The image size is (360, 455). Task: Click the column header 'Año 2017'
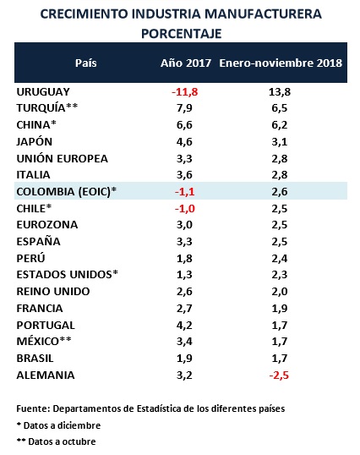(186, 63)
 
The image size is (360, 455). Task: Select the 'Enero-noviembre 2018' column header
(281, 63)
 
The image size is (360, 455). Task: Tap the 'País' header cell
(86, 63)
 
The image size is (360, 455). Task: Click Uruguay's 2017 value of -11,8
(184, 92)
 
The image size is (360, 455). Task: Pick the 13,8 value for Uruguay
(280, 92)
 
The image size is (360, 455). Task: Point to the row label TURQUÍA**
(47, 107)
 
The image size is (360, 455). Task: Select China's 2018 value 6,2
(280, 125)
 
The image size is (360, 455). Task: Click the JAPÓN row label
(34, 141)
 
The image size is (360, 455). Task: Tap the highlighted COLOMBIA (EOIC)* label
(67, 191)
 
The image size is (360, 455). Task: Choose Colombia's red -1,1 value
(184, 192)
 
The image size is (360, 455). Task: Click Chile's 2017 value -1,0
(184, 209)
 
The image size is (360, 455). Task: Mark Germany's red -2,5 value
(279, 376)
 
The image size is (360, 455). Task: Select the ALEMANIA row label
(46, 376)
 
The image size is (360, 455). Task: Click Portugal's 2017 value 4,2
(184, 326)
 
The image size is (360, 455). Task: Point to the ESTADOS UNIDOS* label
(68, 275)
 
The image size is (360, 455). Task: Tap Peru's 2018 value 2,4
(280, 259)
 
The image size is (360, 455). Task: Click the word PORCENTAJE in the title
(182, 34)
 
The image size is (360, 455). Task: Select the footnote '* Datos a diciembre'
(58, 425)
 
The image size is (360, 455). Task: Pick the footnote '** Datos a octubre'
(57, 441)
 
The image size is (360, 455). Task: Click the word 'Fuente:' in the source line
(33, 408)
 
